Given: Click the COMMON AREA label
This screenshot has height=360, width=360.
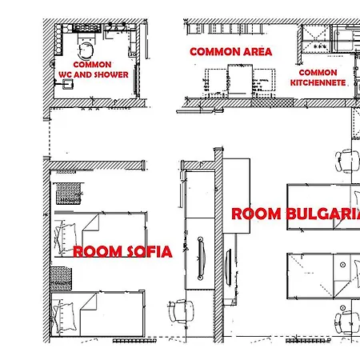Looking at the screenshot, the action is point(231,52).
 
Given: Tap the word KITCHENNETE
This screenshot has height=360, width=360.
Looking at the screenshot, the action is point(318,82).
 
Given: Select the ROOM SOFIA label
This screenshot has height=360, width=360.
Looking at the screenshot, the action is point(122,252).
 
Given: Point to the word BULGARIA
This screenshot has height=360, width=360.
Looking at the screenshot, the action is point(323,214).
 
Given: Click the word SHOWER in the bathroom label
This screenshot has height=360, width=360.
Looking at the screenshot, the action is point(111,74).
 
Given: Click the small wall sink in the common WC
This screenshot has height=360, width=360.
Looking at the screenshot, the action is point(67,84).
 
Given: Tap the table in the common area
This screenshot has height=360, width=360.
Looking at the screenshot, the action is point(240,79).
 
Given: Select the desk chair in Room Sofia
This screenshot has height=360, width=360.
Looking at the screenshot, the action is point(182,311).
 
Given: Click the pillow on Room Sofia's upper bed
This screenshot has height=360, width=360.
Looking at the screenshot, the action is point(66,237).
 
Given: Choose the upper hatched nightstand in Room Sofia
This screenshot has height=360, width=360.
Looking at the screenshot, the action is point(69,194).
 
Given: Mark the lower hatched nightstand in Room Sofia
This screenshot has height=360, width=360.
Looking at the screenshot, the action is point(61,278).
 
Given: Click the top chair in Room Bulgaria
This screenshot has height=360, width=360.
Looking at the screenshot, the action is point(347,161).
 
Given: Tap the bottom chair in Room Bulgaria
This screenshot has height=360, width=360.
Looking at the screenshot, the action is point(347,322).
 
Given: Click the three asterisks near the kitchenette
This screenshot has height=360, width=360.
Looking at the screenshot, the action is point(320,46).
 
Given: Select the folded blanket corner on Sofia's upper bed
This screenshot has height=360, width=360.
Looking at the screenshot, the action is point(90,223).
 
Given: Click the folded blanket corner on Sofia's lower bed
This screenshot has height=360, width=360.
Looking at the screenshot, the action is point(89,302).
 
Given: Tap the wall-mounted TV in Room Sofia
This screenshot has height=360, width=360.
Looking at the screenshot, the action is point(201,258).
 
